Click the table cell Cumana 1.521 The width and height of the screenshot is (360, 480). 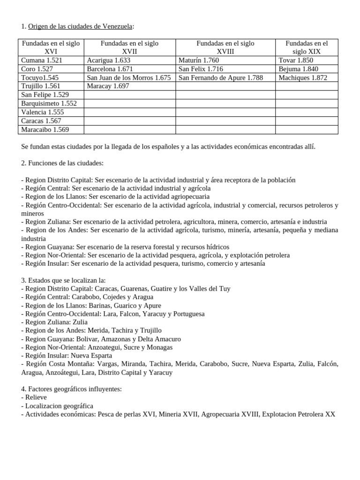[x=42, y=60]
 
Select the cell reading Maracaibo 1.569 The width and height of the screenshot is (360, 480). [x=45, y=130]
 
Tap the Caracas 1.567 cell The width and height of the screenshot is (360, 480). [x=42, y=121]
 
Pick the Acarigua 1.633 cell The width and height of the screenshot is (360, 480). [x=109, y=60]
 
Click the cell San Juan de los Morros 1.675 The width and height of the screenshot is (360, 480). [x=129, y=78]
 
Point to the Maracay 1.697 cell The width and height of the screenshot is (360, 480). [x=108, y=86]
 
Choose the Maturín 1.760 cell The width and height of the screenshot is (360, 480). [x=199, y=60]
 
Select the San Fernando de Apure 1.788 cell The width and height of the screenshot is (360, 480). [x=221, y=78]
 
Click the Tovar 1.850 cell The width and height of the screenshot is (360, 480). [x=296, y=60]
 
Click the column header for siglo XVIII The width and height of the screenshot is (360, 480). [x=225, y=47]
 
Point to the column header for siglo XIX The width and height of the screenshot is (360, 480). [x=307, y=47]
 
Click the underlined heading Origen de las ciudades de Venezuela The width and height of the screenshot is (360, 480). [x=81, y=26]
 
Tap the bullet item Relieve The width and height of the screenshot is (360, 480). [x=35, y=397]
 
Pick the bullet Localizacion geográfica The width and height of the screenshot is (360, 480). [x=57, y=406]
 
